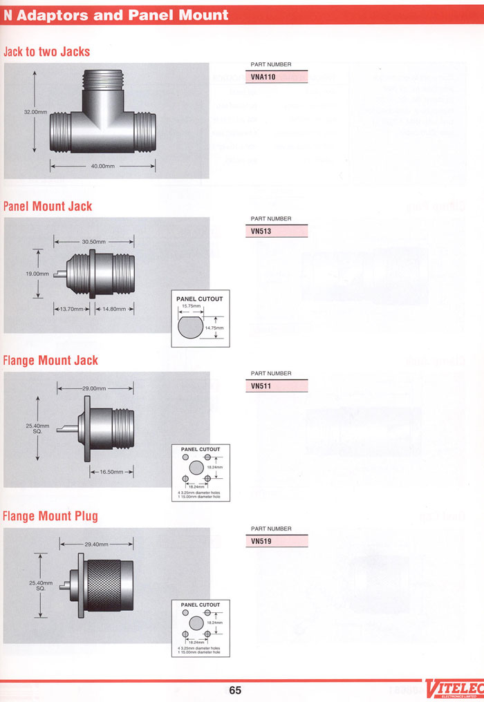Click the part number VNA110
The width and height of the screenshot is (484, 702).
pyautogui.click(x=264, y=77)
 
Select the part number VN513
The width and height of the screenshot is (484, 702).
pyautogui.click(x=261, y=232)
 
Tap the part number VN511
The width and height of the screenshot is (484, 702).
pyautogui.click(x=261, y=386)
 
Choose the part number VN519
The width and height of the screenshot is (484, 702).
pyautogui.click(x=261, y=542)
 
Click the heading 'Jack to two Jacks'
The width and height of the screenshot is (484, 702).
pyautogui.click(x=47, y=52)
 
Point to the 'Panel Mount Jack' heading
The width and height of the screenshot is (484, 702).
pyautogui.click(x=48, y=206)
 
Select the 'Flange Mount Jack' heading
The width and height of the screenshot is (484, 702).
pyautogui.click(x=50, y=360)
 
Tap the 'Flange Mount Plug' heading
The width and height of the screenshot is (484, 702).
pyautogui.click(x=50, y=516)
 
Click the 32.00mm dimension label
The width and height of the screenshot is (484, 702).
pyautogui.click(x=35, y=111)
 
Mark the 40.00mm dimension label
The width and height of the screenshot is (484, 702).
pyautogui.click(x=102, y=166)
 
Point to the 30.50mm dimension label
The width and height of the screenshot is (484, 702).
pyautogui.click(x=93, y=242)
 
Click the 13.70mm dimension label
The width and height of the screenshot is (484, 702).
pyautogui.click(x=72, y=309)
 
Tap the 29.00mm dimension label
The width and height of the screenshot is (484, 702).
pyautogui.click(x=94, y=388)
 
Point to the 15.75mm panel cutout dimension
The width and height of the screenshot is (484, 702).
pyautogui.click(x=191, y=305)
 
